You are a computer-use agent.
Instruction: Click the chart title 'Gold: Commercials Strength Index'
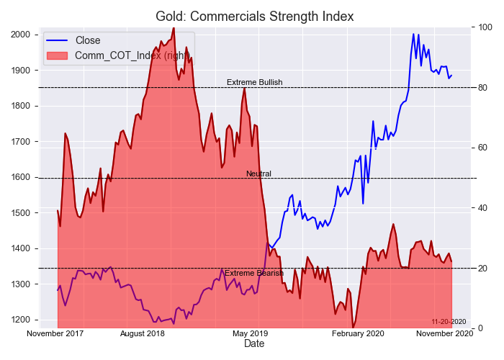255,16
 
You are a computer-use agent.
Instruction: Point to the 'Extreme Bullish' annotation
254,83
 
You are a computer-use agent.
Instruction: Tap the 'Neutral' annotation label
258,174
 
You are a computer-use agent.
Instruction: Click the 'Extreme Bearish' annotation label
254,274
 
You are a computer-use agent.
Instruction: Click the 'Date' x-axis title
254,345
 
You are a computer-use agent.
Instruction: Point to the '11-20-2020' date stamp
449,321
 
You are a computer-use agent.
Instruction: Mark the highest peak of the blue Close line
413,34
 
